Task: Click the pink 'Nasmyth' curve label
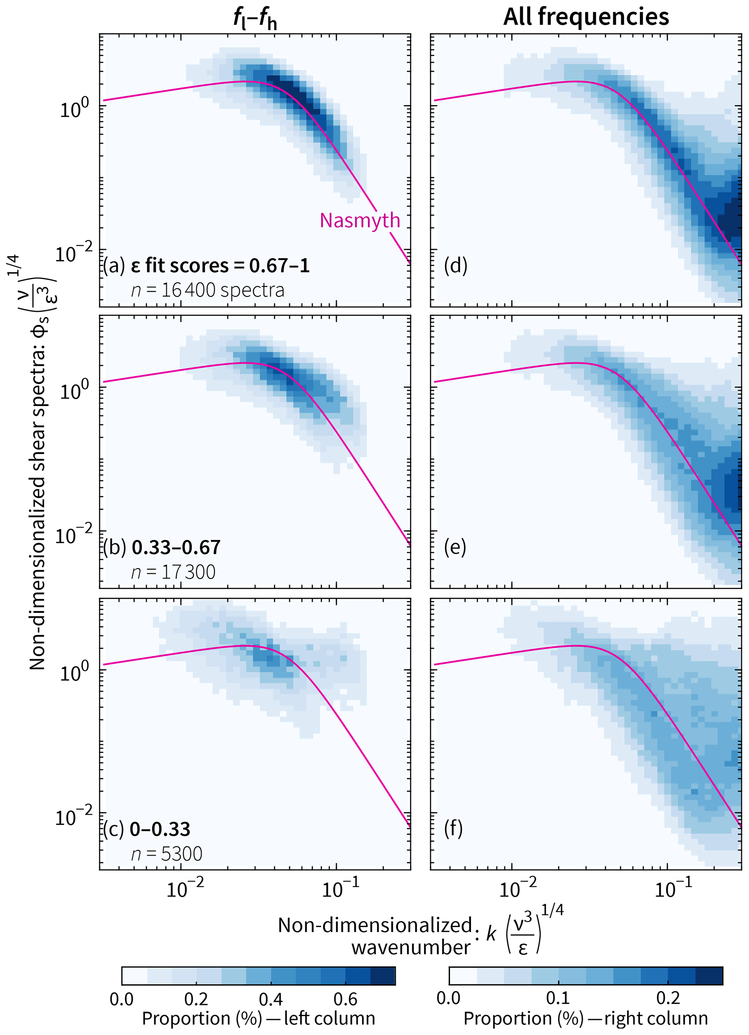click(359, 220)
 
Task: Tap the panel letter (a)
click(113, 266)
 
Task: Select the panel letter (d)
click(455, 266)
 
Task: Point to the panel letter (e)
click(455, 547)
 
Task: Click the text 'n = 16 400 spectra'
click(208, 290)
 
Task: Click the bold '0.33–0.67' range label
click(176, 547)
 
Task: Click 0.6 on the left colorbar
click(345, 999)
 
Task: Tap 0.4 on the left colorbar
click(271, 999)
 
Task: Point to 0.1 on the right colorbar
click(558, 998)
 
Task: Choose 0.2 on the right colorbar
click(668, 998)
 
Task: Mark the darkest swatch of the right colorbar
click(709, 976)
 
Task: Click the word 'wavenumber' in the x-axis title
click(411, 948)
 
